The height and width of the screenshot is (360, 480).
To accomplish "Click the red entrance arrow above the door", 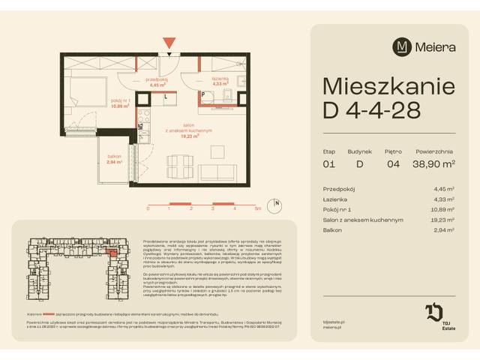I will point(169,43).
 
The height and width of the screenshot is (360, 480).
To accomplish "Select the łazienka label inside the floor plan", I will point(219,81).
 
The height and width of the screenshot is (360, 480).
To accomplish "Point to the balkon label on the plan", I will point(114,158).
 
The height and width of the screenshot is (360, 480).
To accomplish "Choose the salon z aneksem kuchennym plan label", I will point(183,131).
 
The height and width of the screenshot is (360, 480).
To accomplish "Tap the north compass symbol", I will point(277,203).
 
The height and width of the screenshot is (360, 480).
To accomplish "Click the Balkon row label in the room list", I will point(332,230).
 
